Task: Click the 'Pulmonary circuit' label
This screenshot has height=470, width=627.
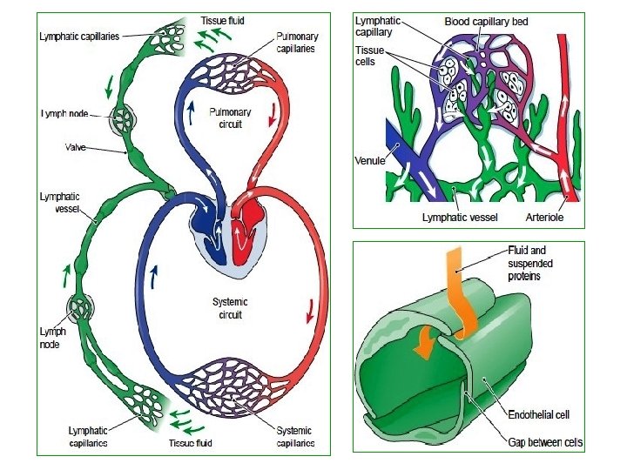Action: point(231,117)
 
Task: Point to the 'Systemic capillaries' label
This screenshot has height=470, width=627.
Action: point(294,436)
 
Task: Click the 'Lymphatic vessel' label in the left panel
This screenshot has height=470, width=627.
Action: point(59,203)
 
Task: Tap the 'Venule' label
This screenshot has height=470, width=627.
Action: point(371,160)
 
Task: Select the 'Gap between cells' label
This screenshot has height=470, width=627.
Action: point(545,442)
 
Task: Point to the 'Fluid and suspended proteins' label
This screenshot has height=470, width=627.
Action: point(530,263)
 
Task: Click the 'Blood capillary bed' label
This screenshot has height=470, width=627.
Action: point(486,21)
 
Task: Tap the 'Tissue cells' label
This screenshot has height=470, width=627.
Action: point(370,57)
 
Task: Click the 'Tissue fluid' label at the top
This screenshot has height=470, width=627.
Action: point(222,19)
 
